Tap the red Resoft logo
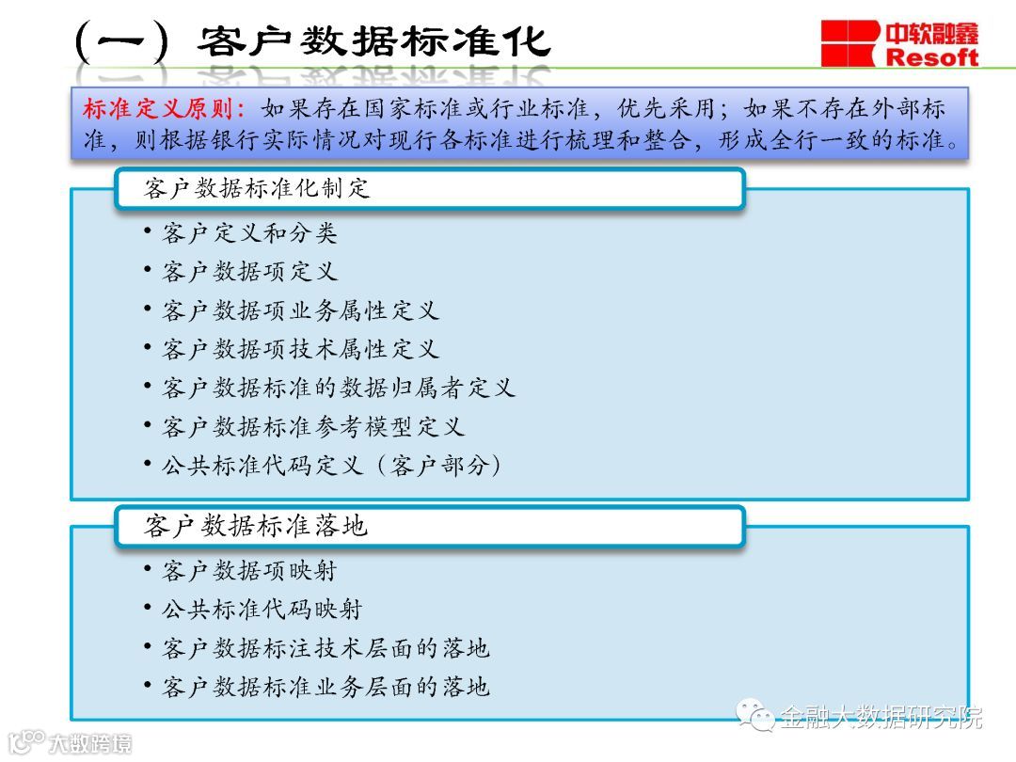[899, 43]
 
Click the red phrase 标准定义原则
[164, 108]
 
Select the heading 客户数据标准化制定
[258, 188]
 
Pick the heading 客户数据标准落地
[255, 526]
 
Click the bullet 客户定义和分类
[249, 232]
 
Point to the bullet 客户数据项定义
[249, 272]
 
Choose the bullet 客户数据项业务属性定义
[300, 310]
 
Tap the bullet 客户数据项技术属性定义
[300, 349]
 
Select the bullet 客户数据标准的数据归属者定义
[339, 388]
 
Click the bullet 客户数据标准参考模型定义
[313, 426]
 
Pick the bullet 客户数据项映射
[249, 570]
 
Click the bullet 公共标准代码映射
[262, 609]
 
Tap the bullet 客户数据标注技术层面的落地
[325, 647]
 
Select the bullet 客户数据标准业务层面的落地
[325, 687]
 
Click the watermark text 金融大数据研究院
[881, 717]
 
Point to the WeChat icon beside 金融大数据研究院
[755, 717]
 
